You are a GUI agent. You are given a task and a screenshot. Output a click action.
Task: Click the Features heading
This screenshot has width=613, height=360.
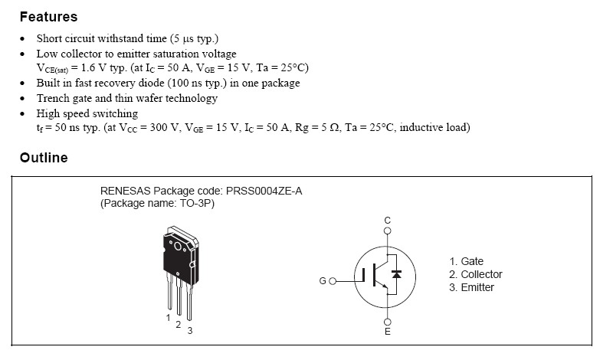(x=48, y=16)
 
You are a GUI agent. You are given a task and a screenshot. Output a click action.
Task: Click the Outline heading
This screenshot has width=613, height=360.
(x=44, y=158)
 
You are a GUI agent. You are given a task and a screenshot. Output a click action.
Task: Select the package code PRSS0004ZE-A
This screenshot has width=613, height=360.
(x=264, y=191)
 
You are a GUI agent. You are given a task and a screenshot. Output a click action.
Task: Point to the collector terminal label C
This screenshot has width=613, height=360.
(x=387, y=220)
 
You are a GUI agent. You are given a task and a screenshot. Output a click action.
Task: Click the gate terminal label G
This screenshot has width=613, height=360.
(x=322, y=281)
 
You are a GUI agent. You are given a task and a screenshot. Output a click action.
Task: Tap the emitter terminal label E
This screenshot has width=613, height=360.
(x=387, y=332)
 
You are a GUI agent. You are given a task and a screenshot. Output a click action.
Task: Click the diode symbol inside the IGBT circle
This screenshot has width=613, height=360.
(x=397, y=273)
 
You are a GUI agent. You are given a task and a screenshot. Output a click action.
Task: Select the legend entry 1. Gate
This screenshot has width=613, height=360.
(x=466, y=261)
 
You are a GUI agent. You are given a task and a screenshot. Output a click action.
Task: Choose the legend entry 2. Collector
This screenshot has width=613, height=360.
(x=475, y=274)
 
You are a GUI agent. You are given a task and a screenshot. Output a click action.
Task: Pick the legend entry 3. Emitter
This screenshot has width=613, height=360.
(x=471, y=287)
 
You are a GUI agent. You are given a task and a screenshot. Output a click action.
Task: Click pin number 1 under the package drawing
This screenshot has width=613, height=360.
(x=168, y=316)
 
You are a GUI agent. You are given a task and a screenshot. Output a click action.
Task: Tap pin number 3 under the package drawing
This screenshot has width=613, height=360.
(x=189, y=330)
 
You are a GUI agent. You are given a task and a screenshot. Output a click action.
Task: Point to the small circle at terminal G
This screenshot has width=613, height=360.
(x=333, y=281)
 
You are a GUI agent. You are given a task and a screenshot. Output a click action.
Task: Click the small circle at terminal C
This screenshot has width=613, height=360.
(x=387, y=230)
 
